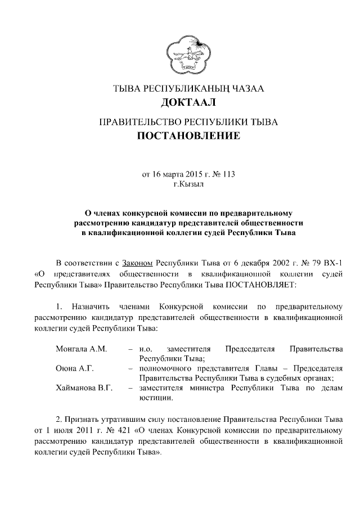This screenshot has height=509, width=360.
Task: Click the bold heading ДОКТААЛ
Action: pos(188,102)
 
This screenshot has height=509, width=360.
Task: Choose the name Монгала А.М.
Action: pos(82,349)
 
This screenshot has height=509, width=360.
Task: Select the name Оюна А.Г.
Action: pos(75,368)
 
